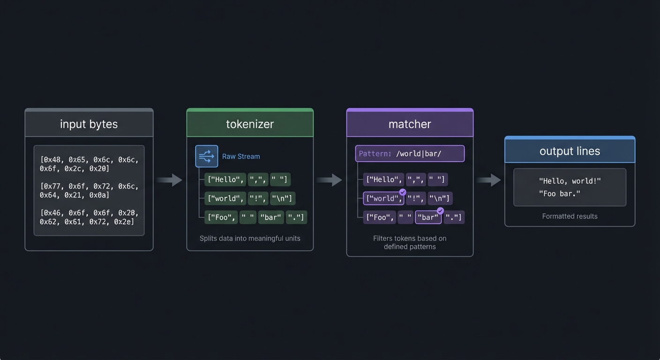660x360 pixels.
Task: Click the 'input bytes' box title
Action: (x=89, y=124)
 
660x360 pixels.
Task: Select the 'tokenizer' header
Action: (x=250, y=124)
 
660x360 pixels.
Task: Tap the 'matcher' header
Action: (x=410, y=124)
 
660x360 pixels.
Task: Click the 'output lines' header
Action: (x=570, y=151)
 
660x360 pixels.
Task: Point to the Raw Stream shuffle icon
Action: (x=207, y=156)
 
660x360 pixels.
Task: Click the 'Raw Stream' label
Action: (x=241, y=157)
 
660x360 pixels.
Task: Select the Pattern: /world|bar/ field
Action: (x=410, y=154)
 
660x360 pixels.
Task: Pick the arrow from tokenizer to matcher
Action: (x=330, y=180)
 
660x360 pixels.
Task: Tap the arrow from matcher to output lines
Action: (x=489, y=180)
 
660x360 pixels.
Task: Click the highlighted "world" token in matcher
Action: (x=383, y=198)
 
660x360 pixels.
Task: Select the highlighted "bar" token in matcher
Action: (x=428, y=217)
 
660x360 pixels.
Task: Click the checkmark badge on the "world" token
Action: (x=402, y=192)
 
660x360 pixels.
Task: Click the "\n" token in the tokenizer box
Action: (x=283, y=198)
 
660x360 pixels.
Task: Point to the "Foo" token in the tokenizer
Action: (x=221, y=217)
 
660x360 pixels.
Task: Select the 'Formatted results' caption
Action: (x=570, y=216)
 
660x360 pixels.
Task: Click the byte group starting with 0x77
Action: (x=89, y=190)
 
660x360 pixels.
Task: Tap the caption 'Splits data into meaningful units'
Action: (x=250, y=238)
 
